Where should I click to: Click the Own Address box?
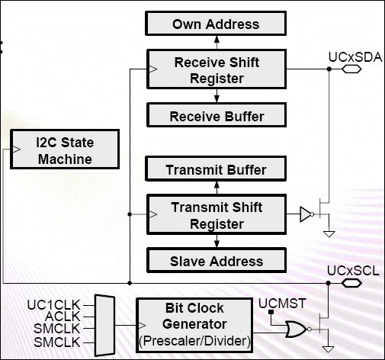click(x=216, y=23)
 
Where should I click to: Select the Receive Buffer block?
click(x=217, y=115)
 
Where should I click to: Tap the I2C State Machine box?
click(x=65, y=149)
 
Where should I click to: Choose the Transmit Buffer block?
click(x=216, y=169)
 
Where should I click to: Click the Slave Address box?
click(x=217, y=260)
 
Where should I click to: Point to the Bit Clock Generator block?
click(x=194, y=326)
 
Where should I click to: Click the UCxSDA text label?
click(x=355, y=57)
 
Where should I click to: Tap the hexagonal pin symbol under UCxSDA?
click(x=351, y=69)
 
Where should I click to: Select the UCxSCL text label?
click(x=353, y=271)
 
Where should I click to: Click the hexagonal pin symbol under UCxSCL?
click(x=351, y=283)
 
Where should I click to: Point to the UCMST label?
click(x=282, y=304)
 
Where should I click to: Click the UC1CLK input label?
click(x=53, y=305)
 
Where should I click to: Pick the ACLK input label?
click(x=63, y=317)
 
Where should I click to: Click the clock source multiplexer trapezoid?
click(x=104, y=325)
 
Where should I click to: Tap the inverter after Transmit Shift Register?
click(x=306, y=214)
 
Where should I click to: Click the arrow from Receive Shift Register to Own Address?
click(x=217, y=43)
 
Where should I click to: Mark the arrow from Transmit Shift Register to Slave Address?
click(x=217, y=241)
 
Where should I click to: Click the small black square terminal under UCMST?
click(x=271, y=312)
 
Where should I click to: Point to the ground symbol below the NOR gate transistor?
click(x=328, y=349)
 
